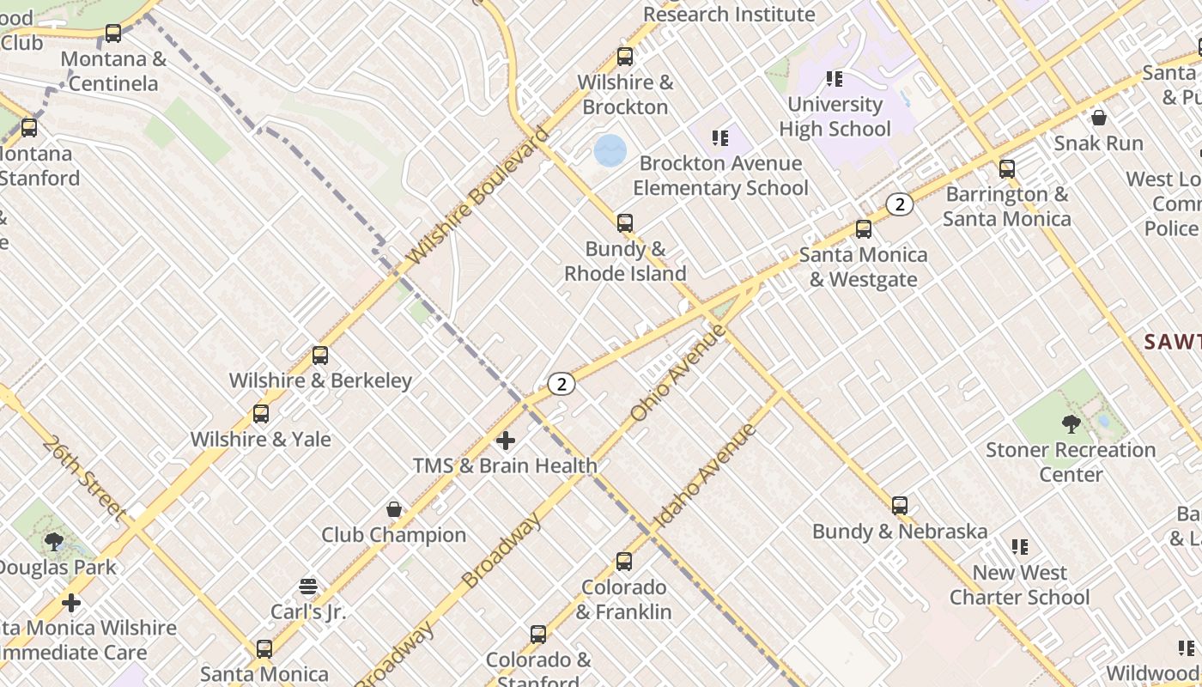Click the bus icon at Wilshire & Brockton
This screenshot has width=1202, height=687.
pyautogui.click(x=625, y=58)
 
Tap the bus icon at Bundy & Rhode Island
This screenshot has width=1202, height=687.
pyautogui.click(x=625, y=223)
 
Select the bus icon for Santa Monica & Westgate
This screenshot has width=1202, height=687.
pyautogui.click(x=864, y=229)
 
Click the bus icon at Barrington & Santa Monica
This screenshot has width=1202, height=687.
pyautogui.click(x=1007, y=169)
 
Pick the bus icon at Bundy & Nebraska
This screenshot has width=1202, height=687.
pyautogui.click(x=900, y=506)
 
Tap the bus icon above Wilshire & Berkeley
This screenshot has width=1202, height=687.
pyautogui.click(x=320, y=355)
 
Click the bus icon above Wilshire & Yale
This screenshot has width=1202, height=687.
pyautogui.click(x=261, y=414)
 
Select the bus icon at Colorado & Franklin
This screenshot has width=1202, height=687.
pyautogui.click(x=624, y=562)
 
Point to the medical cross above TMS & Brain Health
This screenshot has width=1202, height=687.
pyautogui.click(x=506, y=441)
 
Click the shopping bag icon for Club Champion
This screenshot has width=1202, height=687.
pyautogui.click(x=394, y=509)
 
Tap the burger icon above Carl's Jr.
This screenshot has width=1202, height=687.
pyautogui.click(x=308, y=587)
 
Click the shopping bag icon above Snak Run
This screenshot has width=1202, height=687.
pyautogui.click(x=1099, y=118)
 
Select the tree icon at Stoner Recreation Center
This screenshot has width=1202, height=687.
pyautogui.click(x=1071, y=423)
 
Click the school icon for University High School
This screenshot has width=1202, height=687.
pyautogui.click(x=835, y=79)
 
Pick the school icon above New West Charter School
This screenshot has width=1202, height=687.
pyautogui.click(x=1020, y=547)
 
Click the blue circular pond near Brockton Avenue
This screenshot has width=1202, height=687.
pyautogui.click(x=610, y=150)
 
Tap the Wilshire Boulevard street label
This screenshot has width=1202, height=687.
pyautogui.click(x=477, y=196)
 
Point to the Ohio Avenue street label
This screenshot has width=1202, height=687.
pyautogui.click(x=678, y=372)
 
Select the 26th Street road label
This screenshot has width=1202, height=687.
pyautogui.click(x=83, y=477)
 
